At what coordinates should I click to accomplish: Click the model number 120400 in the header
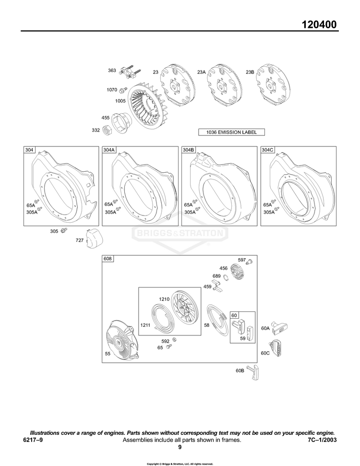319,24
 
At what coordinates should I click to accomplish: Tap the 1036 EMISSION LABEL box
231,132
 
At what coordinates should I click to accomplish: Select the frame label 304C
267,150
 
